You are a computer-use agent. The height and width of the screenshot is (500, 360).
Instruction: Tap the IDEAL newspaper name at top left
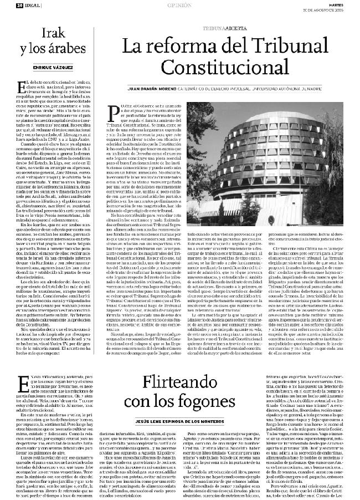point(31,5)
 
